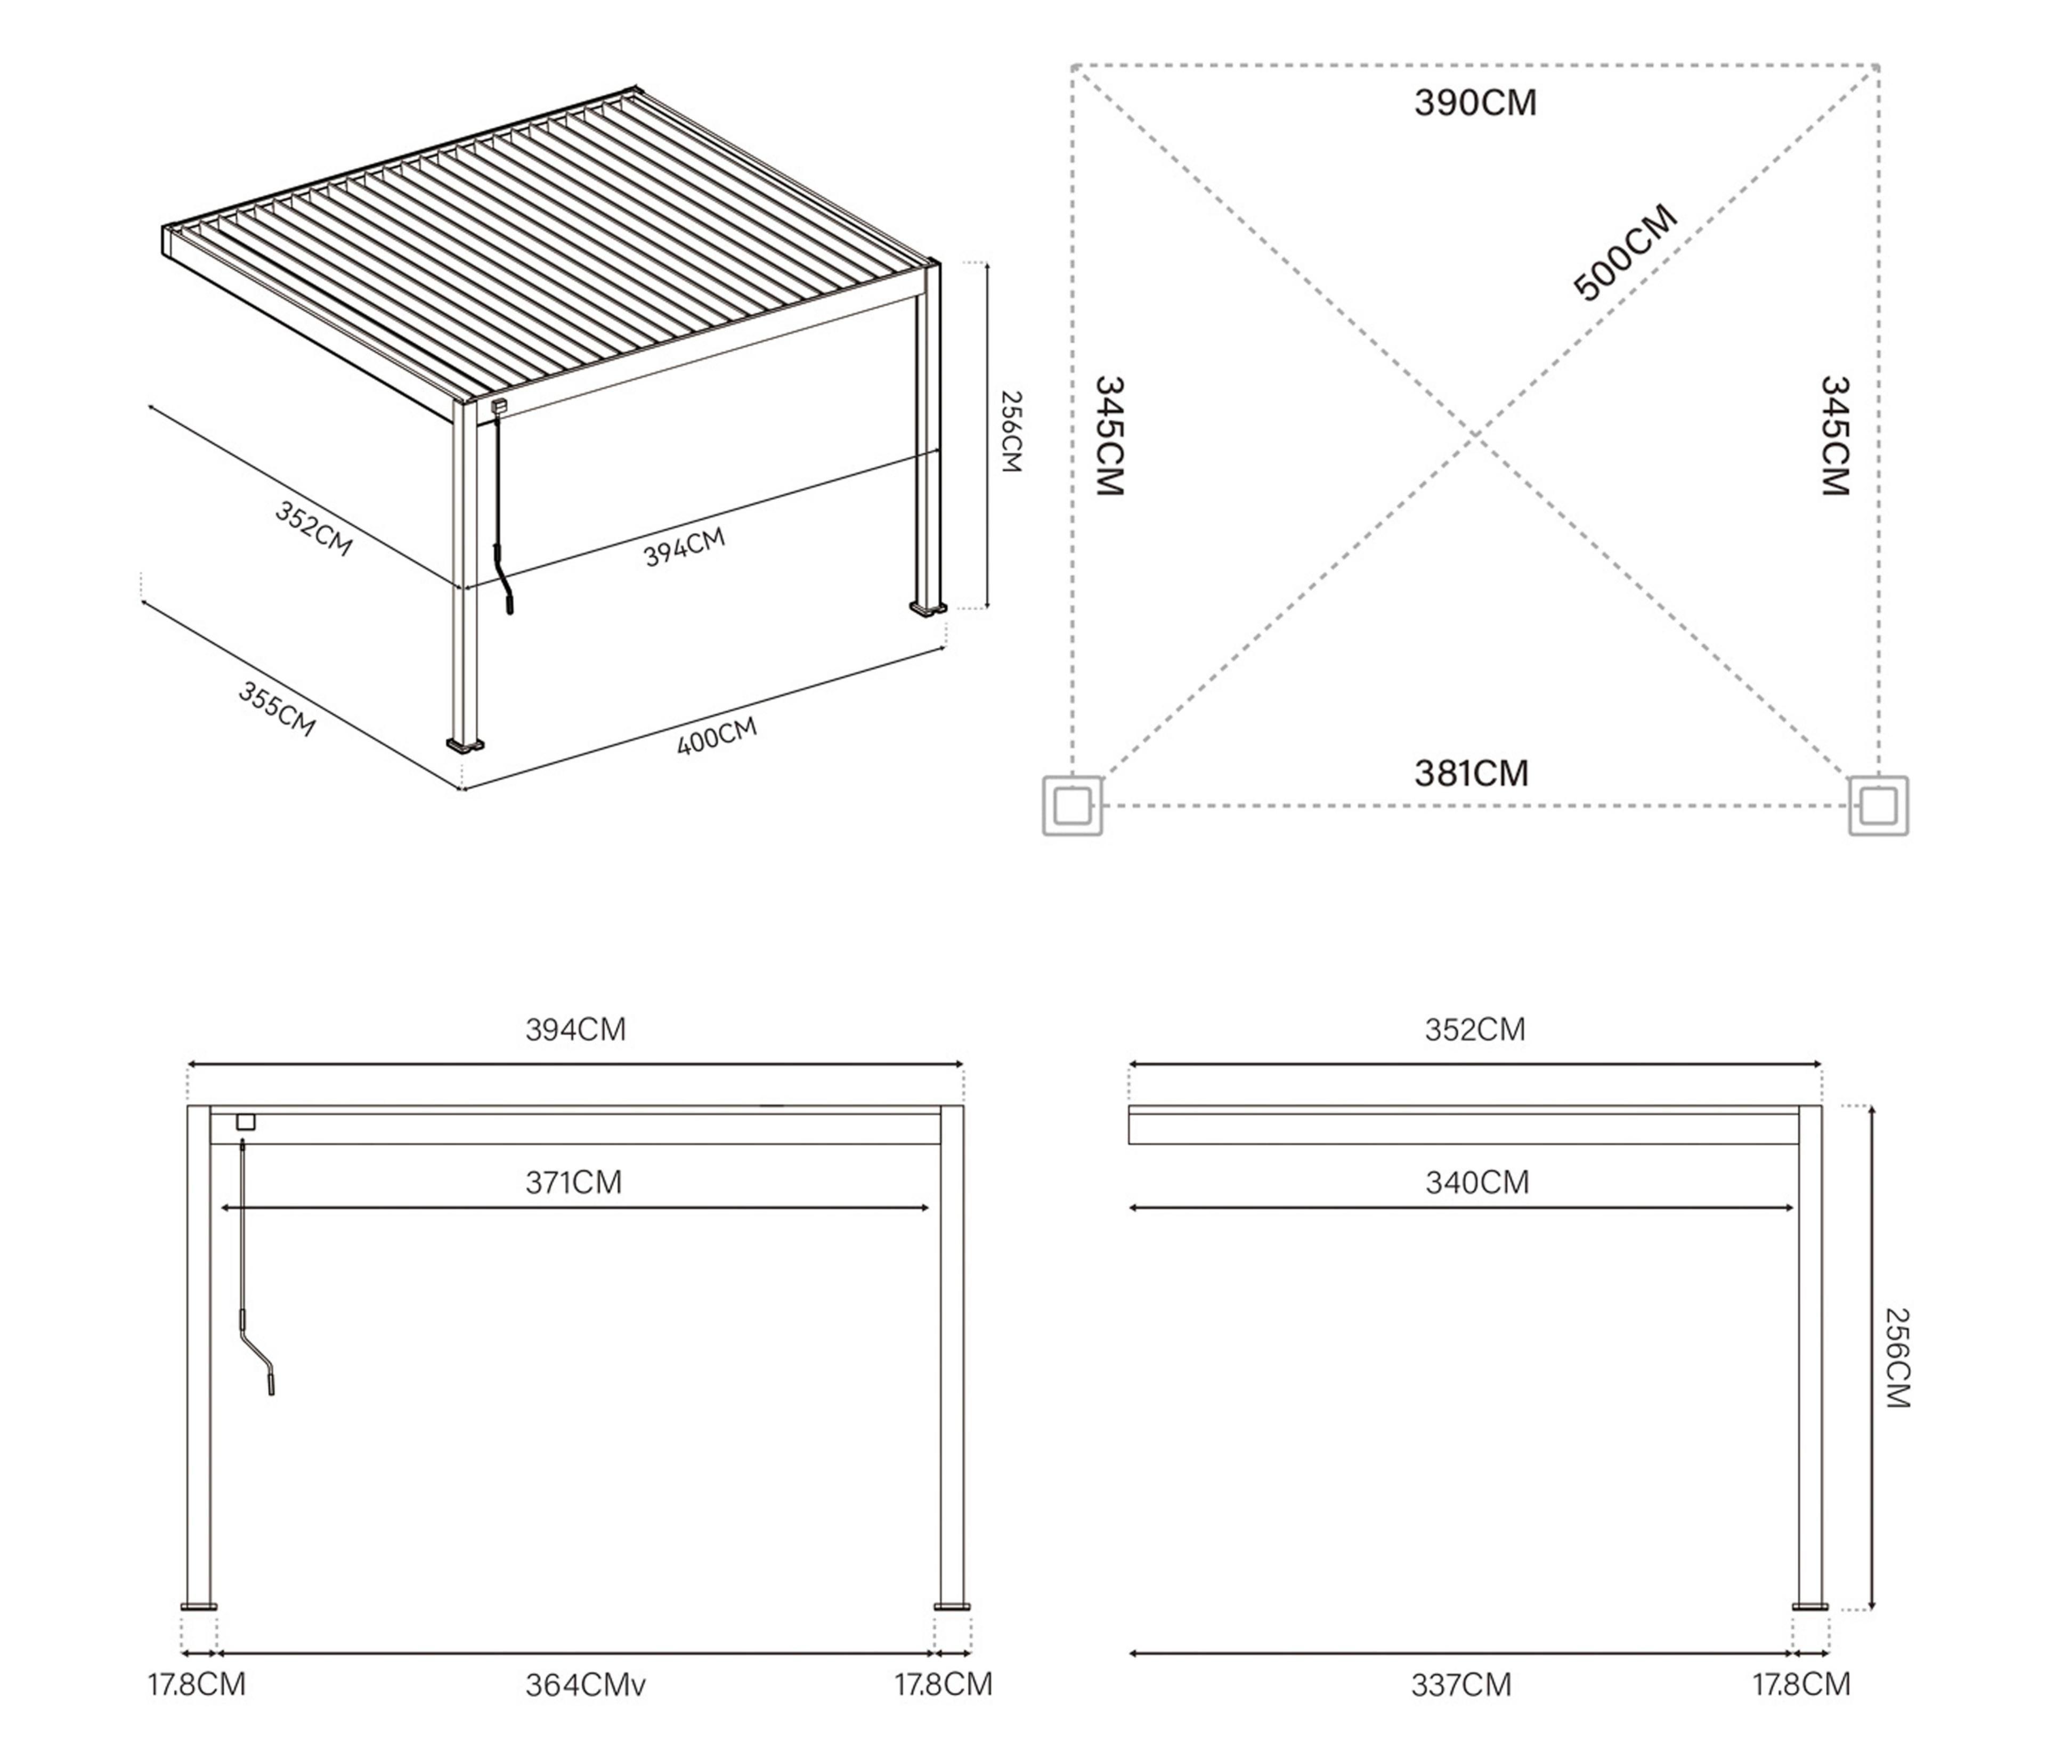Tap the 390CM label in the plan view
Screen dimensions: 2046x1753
1475,103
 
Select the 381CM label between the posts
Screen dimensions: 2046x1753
1471,773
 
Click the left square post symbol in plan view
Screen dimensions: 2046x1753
1073,806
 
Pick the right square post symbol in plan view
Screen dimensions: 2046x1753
1878,806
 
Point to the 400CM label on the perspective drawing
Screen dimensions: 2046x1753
717,736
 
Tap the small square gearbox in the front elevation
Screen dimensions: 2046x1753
246,1122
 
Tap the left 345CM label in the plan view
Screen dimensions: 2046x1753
1110,435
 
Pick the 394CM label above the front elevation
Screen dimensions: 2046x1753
575,1030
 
